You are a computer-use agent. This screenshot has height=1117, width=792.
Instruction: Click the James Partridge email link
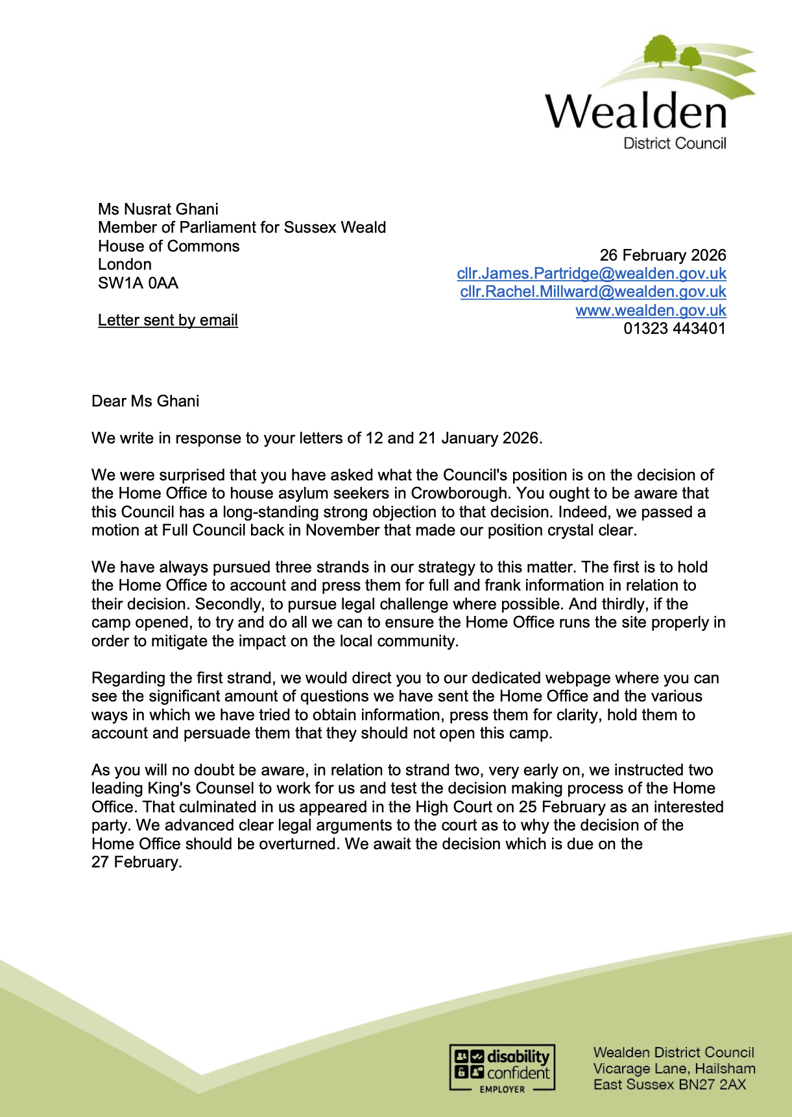coord(591,274)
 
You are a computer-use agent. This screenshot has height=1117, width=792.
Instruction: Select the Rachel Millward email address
coord(593,292)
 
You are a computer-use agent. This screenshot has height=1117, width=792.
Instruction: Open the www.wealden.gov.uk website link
coord(651,311)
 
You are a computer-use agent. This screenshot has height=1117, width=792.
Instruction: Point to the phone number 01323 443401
coord(675,329)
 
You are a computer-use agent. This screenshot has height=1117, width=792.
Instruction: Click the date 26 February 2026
coord(662,255)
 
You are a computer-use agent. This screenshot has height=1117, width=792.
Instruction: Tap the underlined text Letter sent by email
coord(168,320)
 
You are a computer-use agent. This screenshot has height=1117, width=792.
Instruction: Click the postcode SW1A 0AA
coord(138,283)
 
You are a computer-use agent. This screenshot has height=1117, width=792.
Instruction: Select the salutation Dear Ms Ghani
coord(145,401)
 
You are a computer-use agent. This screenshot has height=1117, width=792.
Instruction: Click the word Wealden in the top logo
coord(636,112)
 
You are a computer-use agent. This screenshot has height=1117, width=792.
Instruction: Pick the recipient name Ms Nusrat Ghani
coord(158,209)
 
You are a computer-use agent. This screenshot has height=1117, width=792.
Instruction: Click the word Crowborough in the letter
coord(460,493)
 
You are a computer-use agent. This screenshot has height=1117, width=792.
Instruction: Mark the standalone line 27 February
coord(137,862)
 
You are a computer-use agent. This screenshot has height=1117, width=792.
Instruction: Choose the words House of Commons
coord(169,246)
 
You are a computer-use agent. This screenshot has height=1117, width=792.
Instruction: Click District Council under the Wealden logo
coord(675,144)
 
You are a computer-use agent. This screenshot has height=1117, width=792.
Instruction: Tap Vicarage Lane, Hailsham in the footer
coord(674,1068)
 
